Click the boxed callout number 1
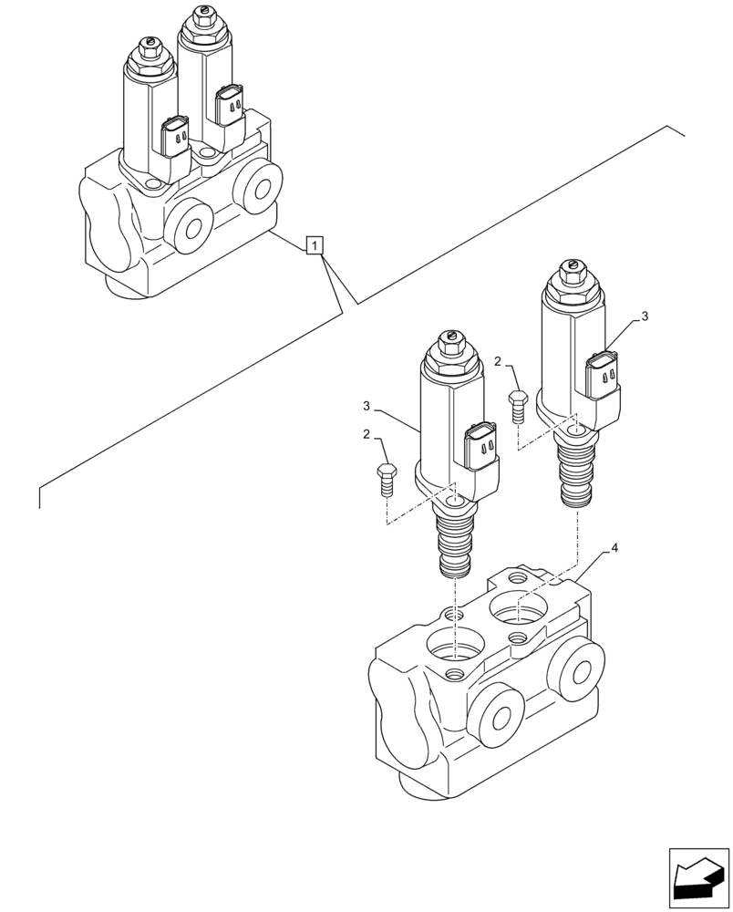pos(314,245)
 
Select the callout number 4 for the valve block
pos(614,548)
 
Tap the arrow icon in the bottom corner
pos(699,878)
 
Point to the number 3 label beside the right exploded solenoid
pos(645,316)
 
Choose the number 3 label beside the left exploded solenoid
pos(366,406)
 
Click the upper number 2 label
pos(498,362)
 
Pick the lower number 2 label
pos(366,435)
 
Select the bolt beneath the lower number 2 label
pos(385,478)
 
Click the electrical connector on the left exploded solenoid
pos(481,448)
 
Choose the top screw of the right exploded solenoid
pos(572,267)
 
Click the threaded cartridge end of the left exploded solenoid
pos(454,546)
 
